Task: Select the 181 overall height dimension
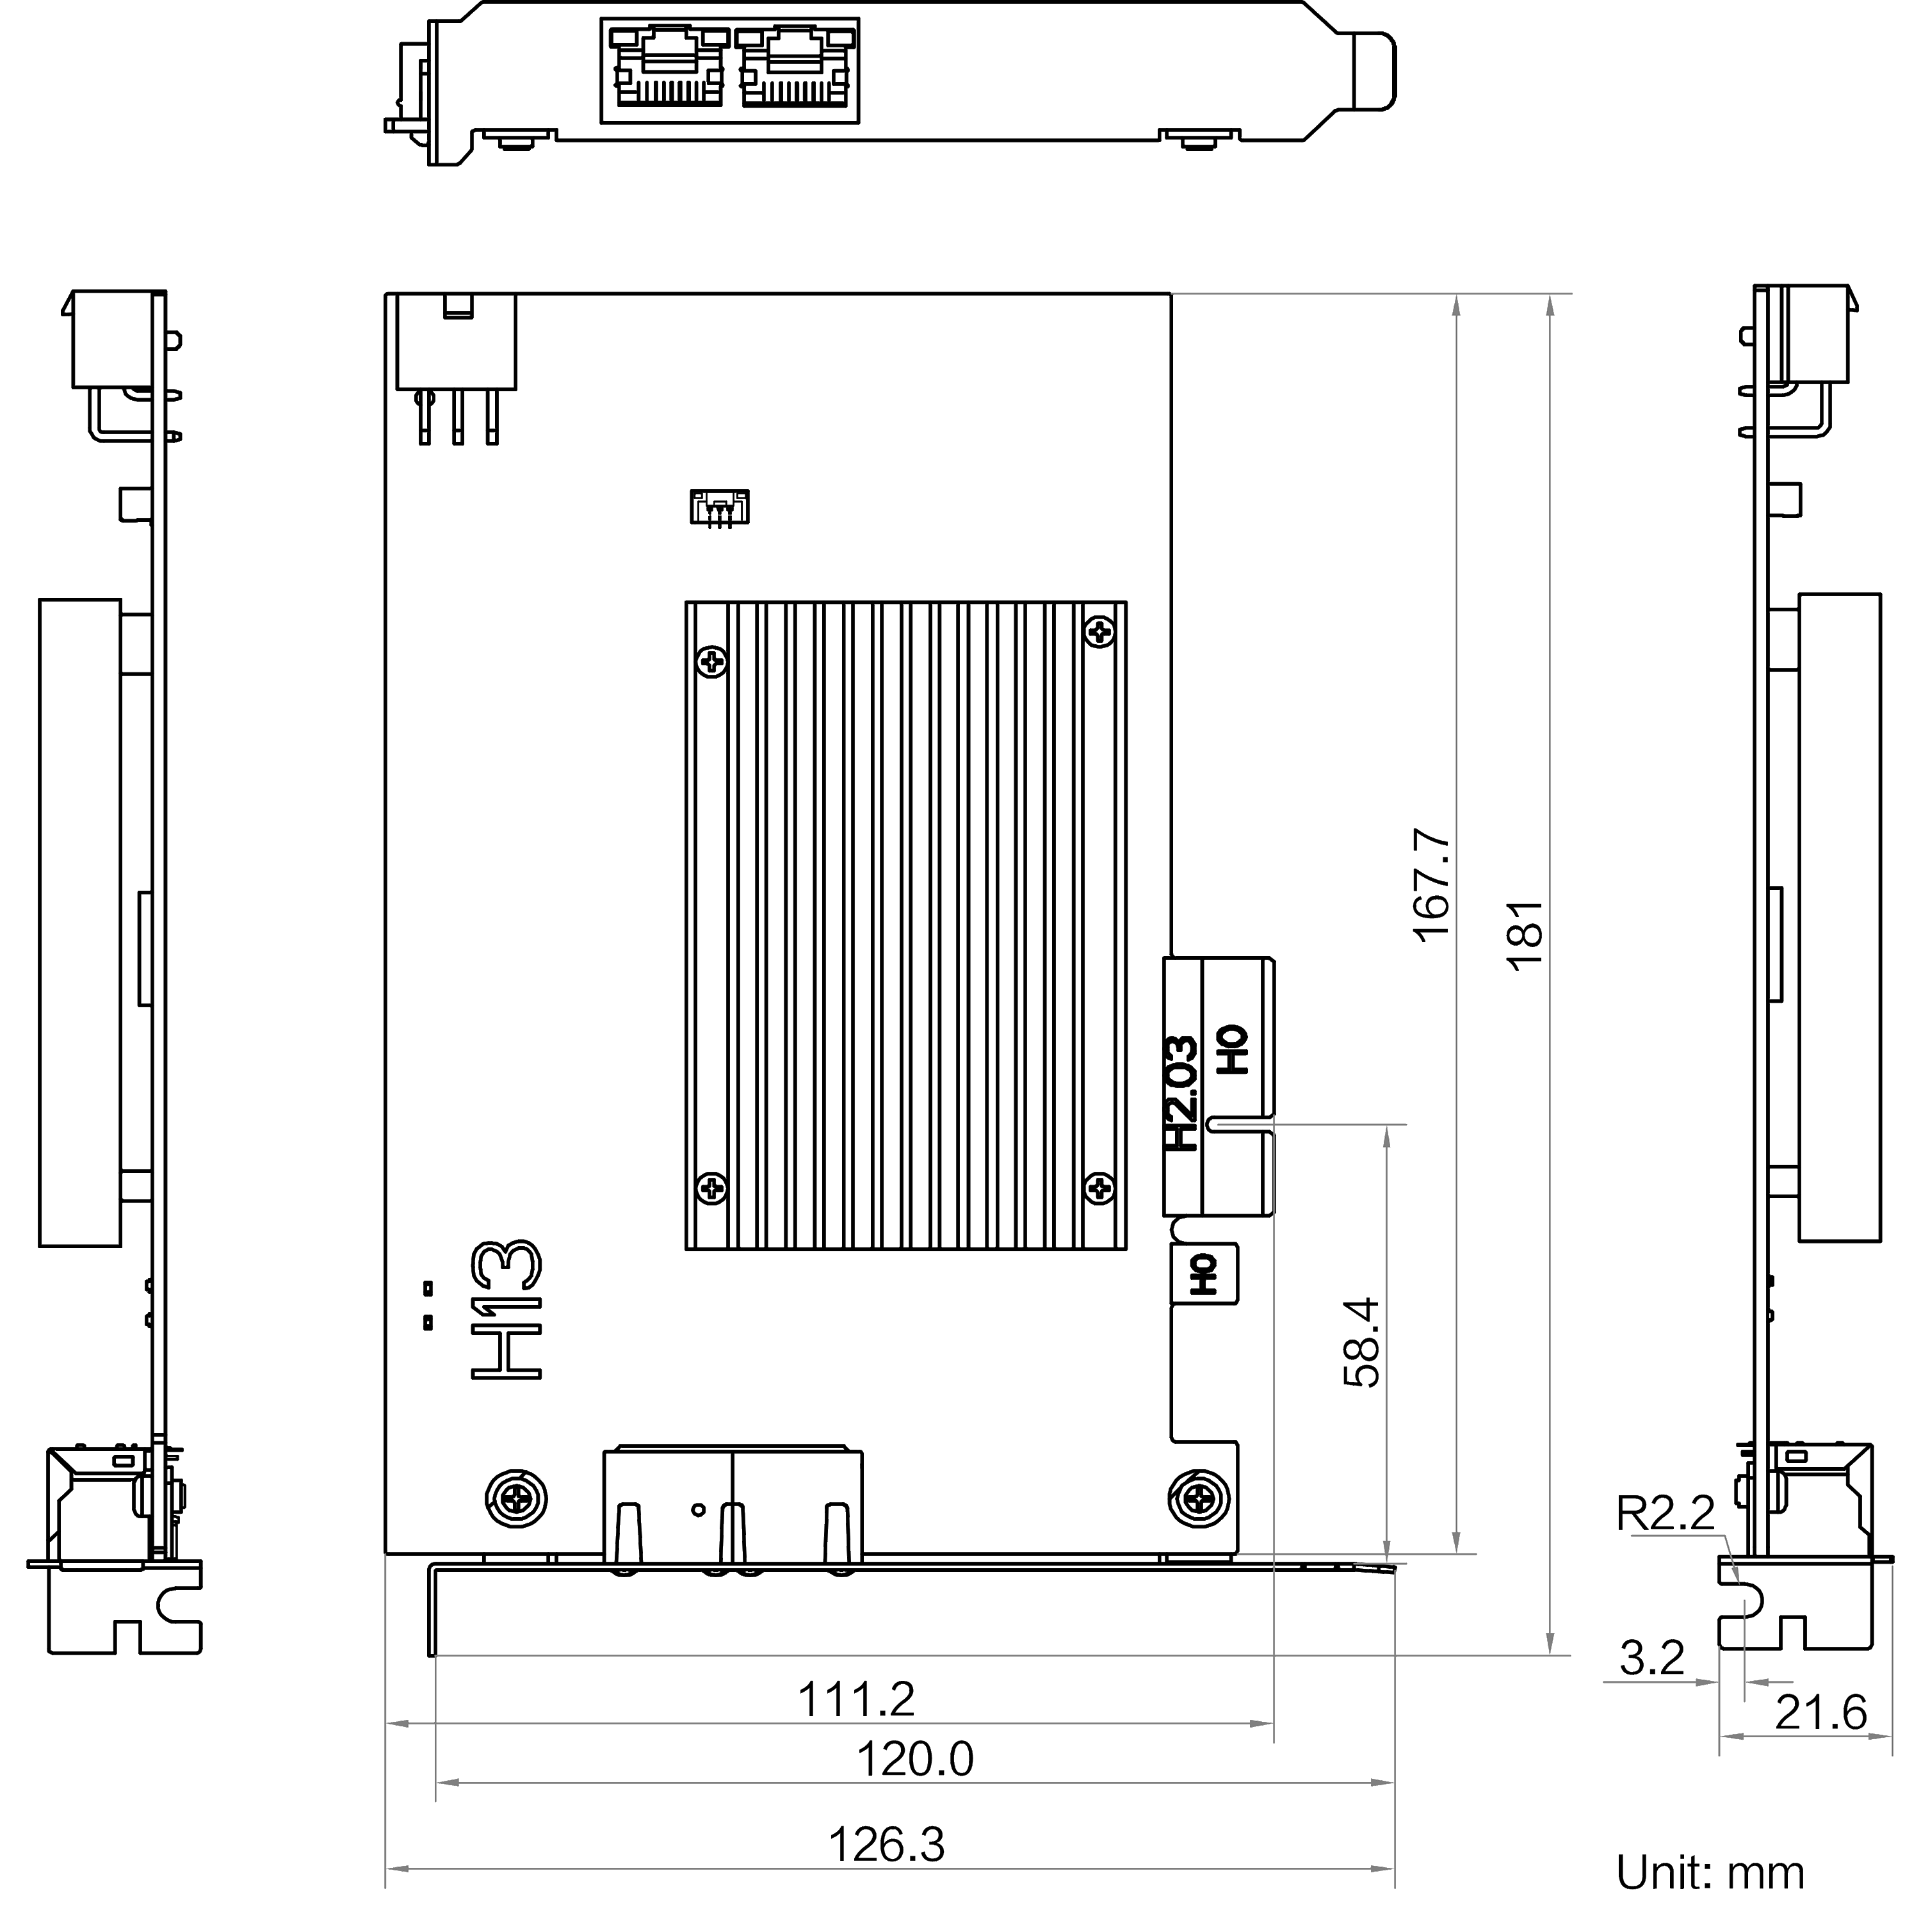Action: tap(1527, 936)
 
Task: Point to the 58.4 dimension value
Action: tap(1362, 1342)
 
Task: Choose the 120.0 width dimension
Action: tap(915, 1759)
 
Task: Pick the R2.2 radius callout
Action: tap(1666, 1513)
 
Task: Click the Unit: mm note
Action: tap(1709, 1873)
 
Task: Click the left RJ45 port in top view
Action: tap(668, 68)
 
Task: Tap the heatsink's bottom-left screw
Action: tap(712, 1187)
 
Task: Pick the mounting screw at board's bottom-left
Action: tap(516, 1498)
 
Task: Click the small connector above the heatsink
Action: tap(720, 507)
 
